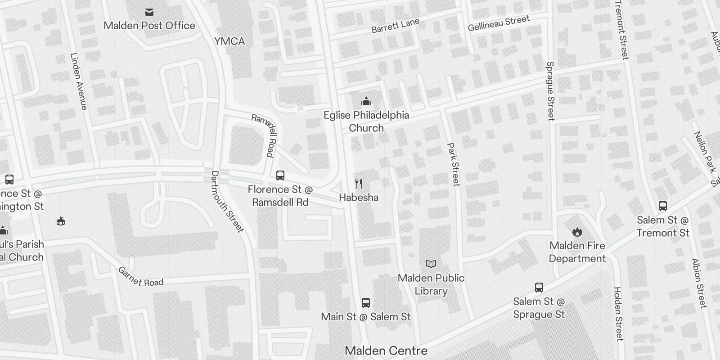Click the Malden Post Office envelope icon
149,12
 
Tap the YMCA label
229,41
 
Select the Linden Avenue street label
78,81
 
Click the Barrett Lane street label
396,26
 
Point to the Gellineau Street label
499,24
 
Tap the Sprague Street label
550,91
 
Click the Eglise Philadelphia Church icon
366,101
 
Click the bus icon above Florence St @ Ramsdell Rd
280,175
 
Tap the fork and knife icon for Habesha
359,183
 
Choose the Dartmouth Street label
227,202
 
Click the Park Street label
453,164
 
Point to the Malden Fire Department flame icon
577,232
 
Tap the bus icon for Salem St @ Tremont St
663,206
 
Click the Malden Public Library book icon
431,264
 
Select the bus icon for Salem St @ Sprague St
539,288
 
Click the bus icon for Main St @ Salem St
366,303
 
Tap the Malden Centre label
386,351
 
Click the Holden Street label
618,314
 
